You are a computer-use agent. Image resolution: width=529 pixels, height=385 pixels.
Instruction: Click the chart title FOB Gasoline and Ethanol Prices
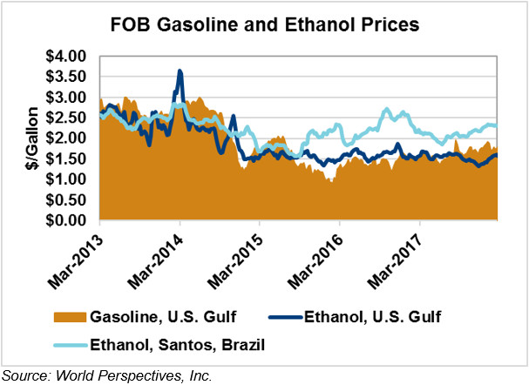(x=264, y=24)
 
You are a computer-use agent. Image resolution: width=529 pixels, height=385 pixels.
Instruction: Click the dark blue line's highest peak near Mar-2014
(x=180, y=71)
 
